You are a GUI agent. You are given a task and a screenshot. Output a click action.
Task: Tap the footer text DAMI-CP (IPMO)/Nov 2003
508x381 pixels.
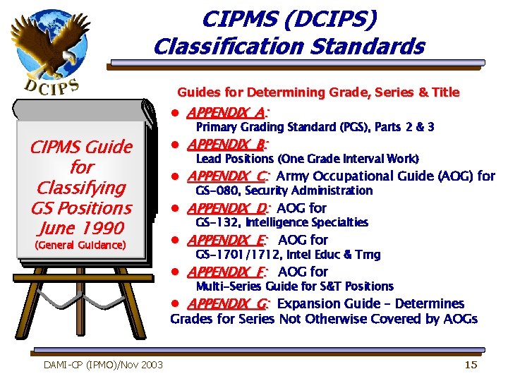(103, 364)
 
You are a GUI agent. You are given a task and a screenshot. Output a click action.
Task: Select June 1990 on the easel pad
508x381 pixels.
(81, 228)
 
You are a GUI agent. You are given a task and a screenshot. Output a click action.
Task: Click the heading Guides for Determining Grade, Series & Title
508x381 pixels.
(317, 92)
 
